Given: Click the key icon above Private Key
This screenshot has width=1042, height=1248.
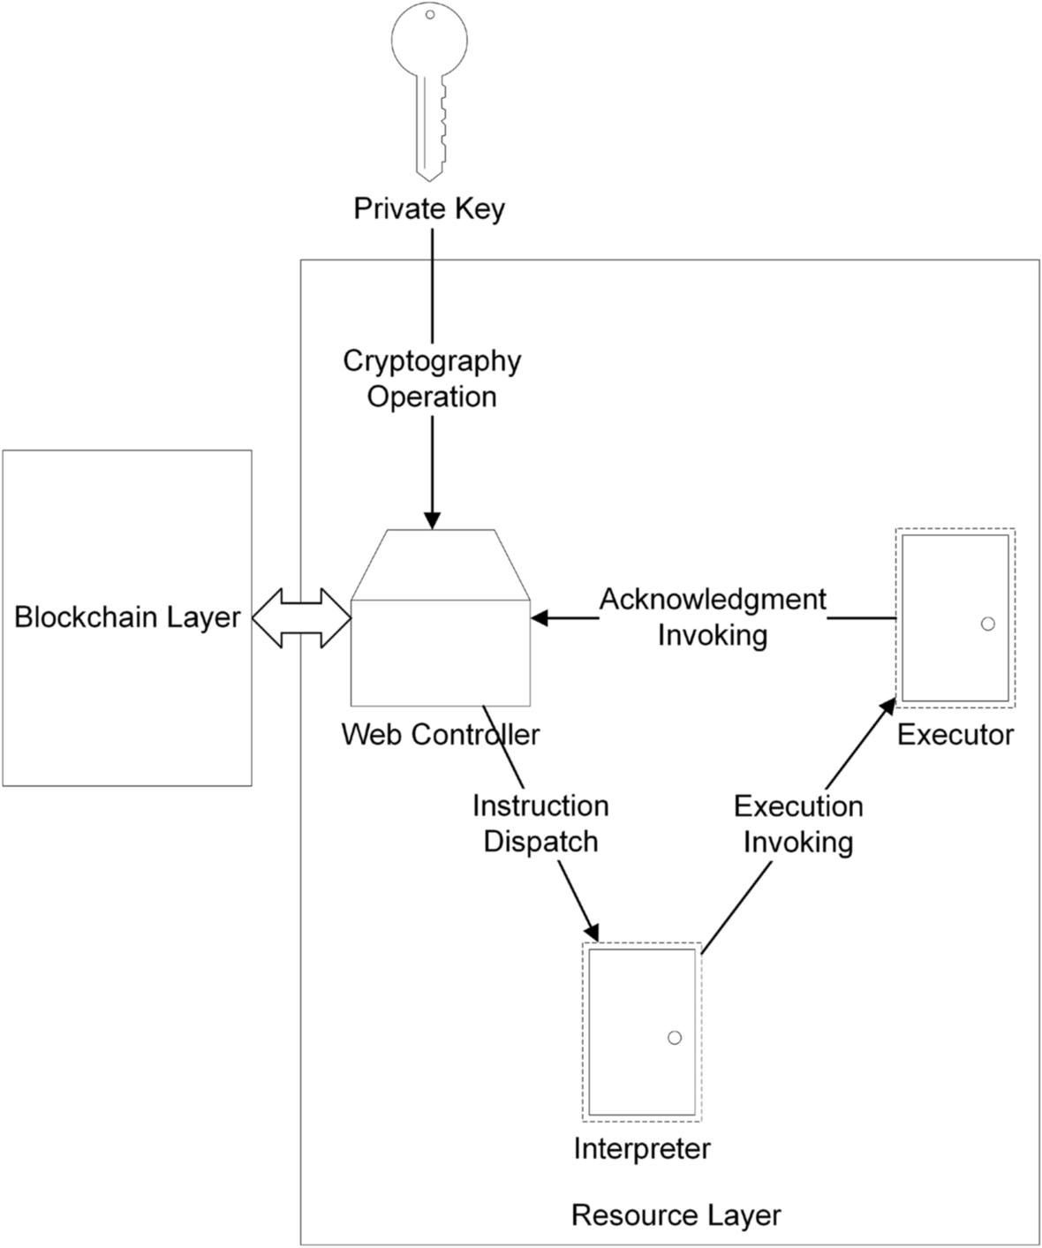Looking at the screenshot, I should point(429,88).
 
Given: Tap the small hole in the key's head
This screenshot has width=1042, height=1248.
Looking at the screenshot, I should point(430,14).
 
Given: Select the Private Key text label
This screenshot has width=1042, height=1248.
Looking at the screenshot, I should point(429,208).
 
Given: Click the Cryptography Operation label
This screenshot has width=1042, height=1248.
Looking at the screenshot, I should point(432,378).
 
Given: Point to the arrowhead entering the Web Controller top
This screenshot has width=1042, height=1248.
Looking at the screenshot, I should point(432,520).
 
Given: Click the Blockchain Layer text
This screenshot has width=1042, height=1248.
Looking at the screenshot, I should point(127,616).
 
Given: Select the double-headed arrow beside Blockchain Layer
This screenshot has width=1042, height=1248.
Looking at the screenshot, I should point(302,618).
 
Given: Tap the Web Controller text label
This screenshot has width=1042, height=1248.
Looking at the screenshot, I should point(440,734).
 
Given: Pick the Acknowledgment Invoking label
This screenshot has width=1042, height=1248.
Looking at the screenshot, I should point(713,616).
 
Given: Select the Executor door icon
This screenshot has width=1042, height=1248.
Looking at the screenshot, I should point(955,618).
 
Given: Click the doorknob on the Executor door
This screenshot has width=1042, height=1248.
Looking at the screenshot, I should point(988,624).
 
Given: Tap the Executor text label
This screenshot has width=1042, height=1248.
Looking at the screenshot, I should point(955,734).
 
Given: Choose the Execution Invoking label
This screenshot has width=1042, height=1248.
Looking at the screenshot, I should point(798,823).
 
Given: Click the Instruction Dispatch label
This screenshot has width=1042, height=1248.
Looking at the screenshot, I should point(540,823).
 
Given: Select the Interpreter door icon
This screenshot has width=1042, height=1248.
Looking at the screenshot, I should point(642,1032).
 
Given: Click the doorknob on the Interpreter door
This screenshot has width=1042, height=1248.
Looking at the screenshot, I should point(675,1038).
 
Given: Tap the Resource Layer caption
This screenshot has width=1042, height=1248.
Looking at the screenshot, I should point(676,1215).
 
